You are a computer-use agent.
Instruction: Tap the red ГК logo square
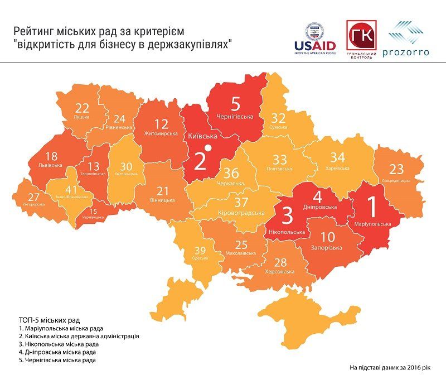pyautogui.click(x=361, y=36)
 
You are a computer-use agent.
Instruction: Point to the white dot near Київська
pyautogui.click(x=207, y=148)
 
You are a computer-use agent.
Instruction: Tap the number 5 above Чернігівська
pyautogui.click(x=235, y=104)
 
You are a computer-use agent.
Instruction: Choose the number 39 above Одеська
pyautogui.click(x=200, y=251)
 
